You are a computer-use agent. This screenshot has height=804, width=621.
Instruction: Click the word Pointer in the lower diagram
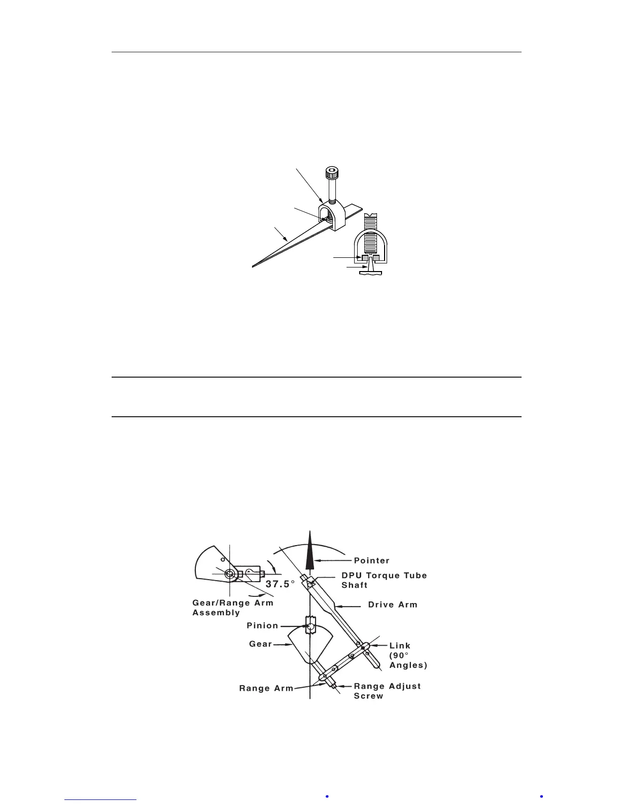[371, 560]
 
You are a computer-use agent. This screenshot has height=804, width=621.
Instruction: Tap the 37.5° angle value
[280, 584]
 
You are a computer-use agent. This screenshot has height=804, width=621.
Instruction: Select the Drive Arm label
[392, 605]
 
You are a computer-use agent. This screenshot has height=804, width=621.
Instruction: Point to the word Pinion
[262, 625]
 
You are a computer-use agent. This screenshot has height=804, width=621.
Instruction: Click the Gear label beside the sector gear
[260, 644]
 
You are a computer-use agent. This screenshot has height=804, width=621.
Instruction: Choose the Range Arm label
[266, 688]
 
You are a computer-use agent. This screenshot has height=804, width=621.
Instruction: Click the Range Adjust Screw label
[387, 691]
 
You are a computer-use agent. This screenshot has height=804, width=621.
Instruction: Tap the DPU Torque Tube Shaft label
[384, 580]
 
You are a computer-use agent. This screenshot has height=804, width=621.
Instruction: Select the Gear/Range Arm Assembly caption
[232, 608]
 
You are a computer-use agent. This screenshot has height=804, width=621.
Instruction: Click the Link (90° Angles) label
[407, 655]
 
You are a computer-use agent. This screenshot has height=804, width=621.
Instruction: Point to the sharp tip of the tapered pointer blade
[254, 265]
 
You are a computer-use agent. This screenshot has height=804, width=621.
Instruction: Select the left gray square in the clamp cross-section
[364, 258]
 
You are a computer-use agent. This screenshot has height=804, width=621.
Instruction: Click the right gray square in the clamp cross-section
[376, 258]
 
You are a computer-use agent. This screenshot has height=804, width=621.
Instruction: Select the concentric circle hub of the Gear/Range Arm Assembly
[230, 574]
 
